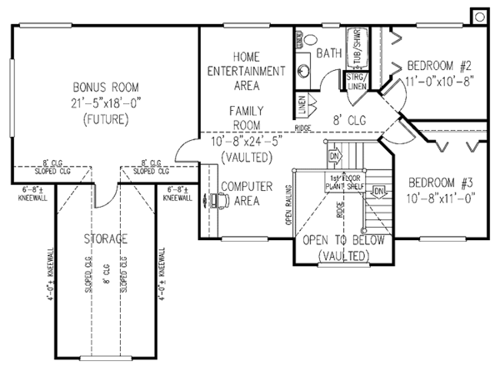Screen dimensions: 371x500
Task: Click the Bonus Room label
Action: pyautogui.click(x=104, y=87)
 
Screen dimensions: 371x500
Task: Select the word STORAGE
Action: pyautogui.click(x=106, y=239)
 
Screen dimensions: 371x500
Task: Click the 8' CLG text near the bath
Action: pyautogui.click(x=344, y=118)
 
